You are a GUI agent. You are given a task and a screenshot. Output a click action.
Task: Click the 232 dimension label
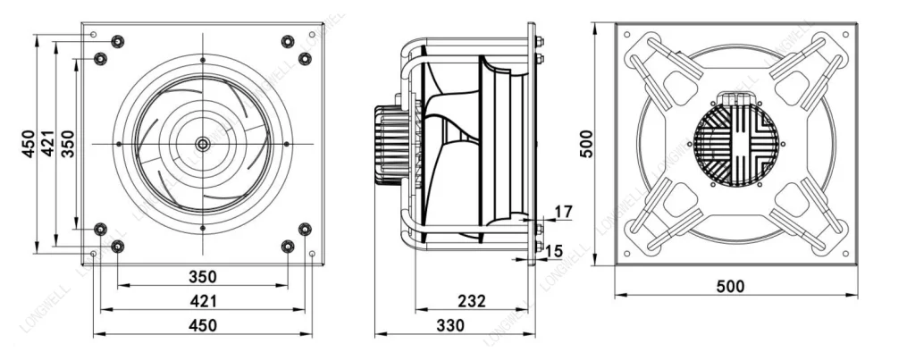pos(472,301)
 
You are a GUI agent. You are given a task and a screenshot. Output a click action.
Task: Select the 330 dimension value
pos(450,325)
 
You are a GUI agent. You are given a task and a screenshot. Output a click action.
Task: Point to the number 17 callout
pos(564,211)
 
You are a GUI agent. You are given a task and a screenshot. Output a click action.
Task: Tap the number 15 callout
pos(554,251)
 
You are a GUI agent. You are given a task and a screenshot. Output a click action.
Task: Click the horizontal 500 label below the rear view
pos(730,287)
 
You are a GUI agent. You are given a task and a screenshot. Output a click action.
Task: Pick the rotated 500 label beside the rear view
pos(586,144)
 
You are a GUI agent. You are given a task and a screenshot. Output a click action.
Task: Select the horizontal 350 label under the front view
pos(203,277)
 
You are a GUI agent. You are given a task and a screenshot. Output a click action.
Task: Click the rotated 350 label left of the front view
pos(68,144)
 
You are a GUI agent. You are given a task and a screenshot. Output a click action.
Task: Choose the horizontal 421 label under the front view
pos(203,301)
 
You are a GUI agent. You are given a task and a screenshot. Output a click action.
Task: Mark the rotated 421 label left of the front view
pos(48,144)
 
